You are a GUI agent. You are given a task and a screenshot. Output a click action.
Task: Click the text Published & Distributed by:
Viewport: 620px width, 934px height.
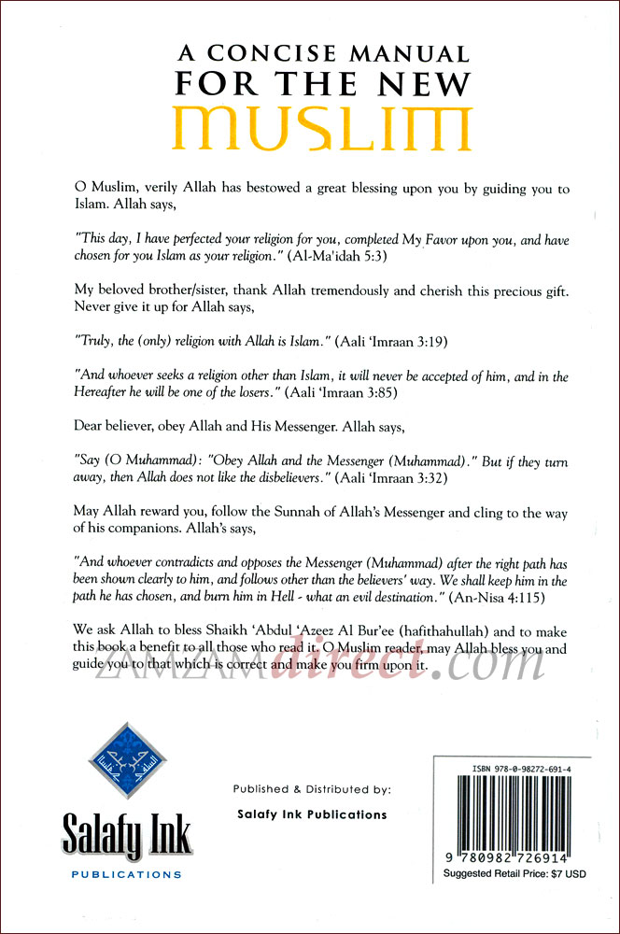click(312, 789)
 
